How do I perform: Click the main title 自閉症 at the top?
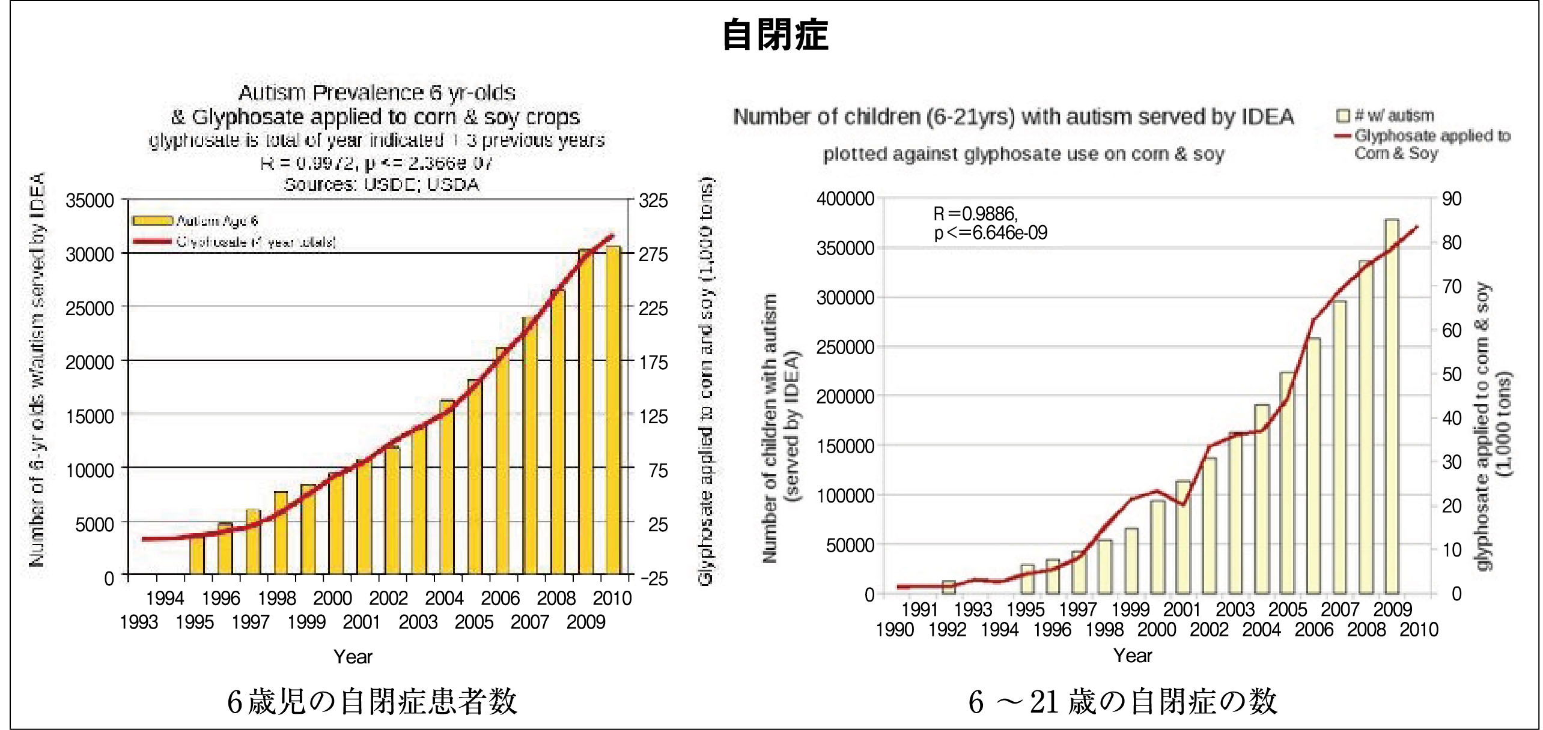pos(775,35)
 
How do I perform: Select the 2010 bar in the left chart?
pos(613,411)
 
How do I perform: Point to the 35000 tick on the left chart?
pos(90,201)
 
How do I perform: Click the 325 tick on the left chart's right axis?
pos(653,201)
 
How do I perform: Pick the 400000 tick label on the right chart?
pos(845,199)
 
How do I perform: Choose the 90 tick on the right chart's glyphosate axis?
pos(1452,199)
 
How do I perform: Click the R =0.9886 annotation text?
pos(975,214)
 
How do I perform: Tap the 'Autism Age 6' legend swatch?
pos(152,220)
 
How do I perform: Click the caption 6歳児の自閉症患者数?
pos(372,701)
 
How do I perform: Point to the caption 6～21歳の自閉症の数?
pos(1122,701)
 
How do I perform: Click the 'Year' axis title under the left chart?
pos(353,657)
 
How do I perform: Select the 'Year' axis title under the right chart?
pos(1133,656)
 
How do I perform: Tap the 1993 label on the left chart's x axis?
pos(139,622)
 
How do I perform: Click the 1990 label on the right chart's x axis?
pos(895,630)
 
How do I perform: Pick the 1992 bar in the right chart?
pos(948,587)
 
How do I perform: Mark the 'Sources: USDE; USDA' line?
pos(382,184)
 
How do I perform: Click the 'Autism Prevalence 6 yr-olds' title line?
pos(377,92)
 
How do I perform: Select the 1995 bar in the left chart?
pos(196,554)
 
